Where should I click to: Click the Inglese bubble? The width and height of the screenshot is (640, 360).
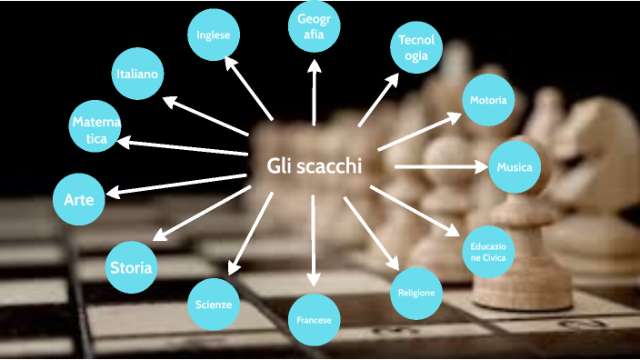click(213, 35)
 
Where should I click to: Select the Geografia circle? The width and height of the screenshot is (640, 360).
click(315, 27)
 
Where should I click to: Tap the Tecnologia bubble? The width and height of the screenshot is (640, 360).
click(416, 48)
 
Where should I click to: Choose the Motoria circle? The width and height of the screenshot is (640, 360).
click(488, 100)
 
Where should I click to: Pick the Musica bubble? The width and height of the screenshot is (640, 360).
click(515, 167)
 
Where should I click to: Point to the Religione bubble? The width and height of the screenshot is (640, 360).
click(417, 293)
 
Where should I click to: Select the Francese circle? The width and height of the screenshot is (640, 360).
click(315, 321)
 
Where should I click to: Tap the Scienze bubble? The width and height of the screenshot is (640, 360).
click(214, 304)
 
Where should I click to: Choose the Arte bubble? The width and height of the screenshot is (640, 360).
click(79, 198)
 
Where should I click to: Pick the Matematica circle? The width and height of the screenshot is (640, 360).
click(96, 130)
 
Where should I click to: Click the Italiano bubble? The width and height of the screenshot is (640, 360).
click(138, 74)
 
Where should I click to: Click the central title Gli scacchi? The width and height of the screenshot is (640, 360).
click(315, 166)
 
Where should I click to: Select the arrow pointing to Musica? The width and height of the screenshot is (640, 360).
click(442, 167)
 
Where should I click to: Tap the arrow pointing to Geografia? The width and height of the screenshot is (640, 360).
click(315, 91)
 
